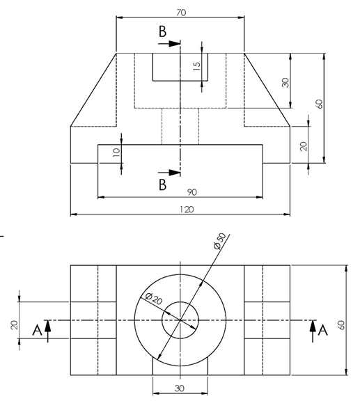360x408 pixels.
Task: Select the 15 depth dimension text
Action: point(196,66)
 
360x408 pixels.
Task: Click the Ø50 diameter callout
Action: point(219,241)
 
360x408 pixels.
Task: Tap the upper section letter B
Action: point(162,31)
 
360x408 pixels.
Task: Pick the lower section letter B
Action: point(162,185)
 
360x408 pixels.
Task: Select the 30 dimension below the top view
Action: point(179,389)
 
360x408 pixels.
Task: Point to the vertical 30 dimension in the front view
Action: point(285,81)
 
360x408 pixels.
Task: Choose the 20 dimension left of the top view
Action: point(15,325)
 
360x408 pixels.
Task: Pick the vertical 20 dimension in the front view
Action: point(304,146)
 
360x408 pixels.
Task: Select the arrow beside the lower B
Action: point(171,172)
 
